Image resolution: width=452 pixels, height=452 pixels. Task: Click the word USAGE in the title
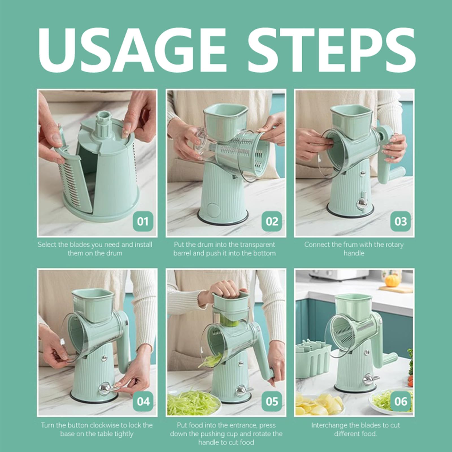click(133, 51)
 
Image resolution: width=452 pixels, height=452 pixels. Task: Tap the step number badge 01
click(142, 221)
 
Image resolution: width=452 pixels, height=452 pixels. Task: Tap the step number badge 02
click(271, 221)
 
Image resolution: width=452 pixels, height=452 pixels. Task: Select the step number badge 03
click(400, 221)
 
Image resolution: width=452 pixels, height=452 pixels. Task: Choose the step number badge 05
click(271, 401)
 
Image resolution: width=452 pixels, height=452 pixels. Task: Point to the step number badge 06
click(400, 401)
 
